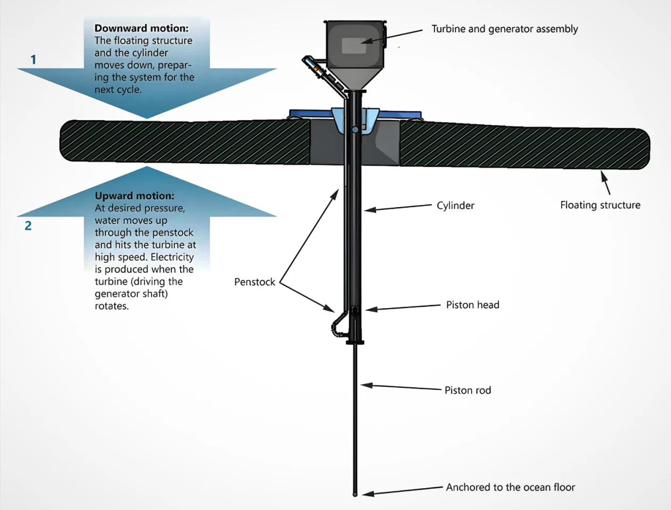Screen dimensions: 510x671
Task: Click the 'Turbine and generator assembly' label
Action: pos(504,29)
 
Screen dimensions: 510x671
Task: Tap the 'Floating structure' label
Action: pos(600,205)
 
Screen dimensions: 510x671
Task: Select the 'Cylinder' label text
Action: pos(455,206)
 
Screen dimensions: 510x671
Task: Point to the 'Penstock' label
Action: pos(254,282)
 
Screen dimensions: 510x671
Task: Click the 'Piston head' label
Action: pos(472,305)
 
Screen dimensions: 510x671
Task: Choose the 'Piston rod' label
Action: pos(468,390)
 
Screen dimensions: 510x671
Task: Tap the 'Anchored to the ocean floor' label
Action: pos(510,487)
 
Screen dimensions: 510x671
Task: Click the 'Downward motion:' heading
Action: pos(141,28)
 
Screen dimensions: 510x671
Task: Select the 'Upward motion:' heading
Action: pos(134,195)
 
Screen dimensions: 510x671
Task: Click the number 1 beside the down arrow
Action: pos(33,59)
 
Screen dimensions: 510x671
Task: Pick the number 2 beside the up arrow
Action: pos(28,226)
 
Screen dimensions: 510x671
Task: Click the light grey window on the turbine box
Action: pos(354,46)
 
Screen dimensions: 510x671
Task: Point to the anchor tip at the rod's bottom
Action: pos(355,494)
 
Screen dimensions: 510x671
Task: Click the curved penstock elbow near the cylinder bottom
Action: pos(336,327)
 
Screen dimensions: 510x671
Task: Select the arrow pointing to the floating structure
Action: pos(605,182)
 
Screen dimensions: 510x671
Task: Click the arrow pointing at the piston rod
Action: pos(401,387)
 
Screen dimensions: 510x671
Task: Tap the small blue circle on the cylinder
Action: pos(355,129)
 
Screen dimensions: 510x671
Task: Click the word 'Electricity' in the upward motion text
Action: pos(172,257)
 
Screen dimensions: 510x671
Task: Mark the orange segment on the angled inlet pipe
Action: pos(316,70)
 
